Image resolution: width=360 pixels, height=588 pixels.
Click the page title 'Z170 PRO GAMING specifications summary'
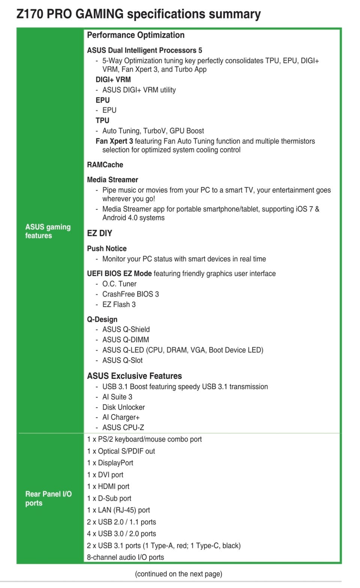[138, 14]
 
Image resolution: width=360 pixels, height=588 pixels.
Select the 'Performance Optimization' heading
[136, 35]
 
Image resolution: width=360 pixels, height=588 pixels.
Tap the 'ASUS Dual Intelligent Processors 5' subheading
[144, 50]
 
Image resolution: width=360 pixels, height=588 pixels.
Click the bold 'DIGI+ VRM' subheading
[113, 79]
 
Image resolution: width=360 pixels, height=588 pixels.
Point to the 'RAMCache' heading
[105, 165]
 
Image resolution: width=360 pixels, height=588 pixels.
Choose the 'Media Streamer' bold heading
[112, 180]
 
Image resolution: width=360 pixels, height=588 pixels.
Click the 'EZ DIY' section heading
[99, 233]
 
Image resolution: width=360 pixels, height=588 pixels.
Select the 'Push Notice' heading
[107, 248]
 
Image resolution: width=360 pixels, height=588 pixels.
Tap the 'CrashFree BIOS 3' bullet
[130, 294]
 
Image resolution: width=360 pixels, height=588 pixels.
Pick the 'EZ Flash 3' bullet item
[119, 304]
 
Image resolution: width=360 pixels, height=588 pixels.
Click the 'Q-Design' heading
[102, 319]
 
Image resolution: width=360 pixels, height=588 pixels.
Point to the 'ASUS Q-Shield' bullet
[126, 329]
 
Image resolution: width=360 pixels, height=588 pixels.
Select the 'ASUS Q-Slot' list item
[122, 360]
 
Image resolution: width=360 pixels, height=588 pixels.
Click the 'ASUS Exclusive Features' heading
[134, 376]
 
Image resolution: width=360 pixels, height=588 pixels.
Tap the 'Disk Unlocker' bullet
[123, 407]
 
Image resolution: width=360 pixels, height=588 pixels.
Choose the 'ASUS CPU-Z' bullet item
[123, 427]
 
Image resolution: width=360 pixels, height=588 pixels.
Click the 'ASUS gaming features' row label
[48, 231]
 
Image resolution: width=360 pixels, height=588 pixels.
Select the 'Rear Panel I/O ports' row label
[48, 498]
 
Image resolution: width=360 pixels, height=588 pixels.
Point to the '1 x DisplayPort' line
[110, 463]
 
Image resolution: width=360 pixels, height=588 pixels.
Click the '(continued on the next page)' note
[178, 574]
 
